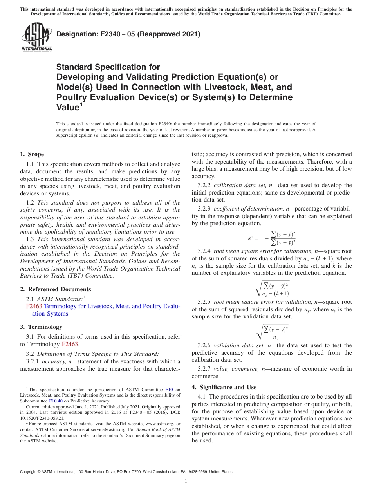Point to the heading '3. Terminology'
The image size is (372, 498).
pyautogui.click(x=41, y=327)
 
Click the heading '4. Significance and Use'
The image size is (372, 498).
pyautogui.click(x=224, y=387)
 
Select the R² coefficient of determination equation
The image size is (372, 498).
pyautogui.click(x=271, y=238)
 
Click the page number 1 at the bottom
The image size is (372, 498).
pyautogui.click(x=186, y=481)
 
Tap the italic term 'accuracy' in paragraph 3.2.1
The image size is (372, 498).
pyautogui.click(x=54, y=361)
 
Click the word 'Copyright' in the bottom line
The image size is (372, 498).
pyautogui.click(x=30, y=472)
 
